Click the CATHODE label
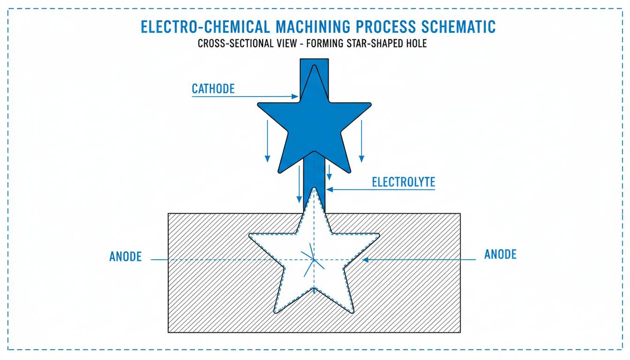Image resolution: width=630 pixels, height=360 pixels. (x=213, y=89)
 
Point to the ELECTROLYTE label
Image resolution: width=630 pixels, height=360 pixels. (x=403, y=182)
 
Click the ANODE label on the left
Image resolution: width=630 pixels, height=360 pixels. (x=125, y=257)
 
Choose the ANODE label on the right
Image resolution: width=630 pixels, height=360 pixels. (x=500, y=255)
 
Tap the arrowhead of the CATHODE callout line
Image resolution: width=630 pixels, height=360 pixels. (x=296, y=97)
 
